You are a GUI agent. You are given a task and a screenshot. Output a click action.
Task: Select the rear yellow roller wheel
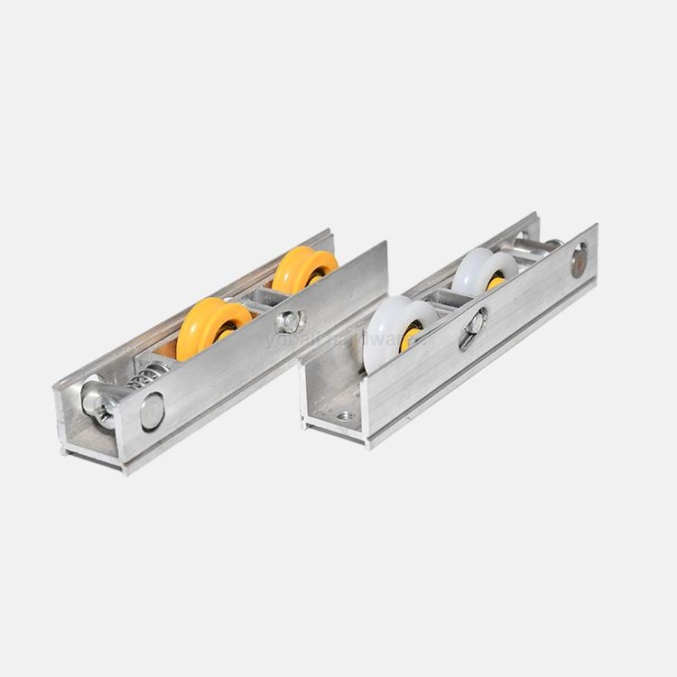[x=301, y=269]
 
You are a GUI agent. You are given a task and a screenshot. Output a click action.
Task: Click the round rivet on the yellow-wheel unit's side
[x=152, y=411]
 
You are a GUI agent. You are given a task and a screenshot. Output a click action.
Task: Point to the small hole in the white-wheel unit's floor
[x=345, y=416]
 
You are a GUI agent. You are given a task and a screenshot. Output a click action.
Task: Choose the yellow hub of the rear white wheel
[x=496, y=283]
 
